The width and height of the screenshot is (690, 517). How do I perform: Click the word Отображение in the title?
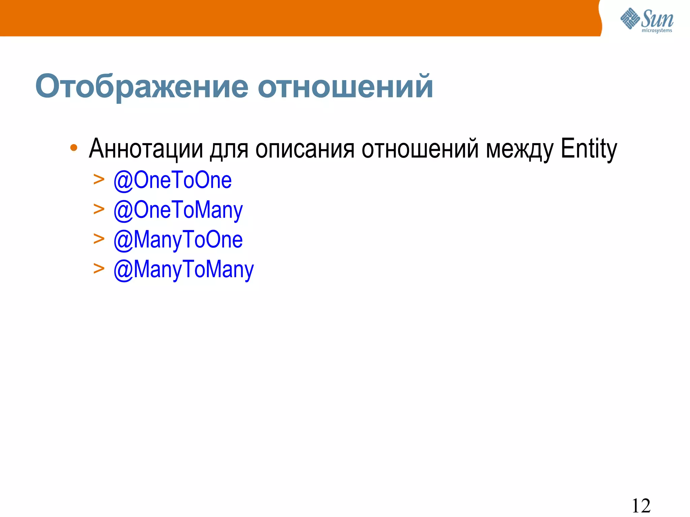pyautogui.click(x=142, y=87)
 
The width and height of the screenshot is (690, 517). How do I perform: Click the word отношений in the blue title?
pyautogui.click(x=345, y=87)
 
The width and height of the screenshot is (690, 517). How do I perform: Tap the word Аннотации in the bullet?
pyautogui.click(x=146, y=149)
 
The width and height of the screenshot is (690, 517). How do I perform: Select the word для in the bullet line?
pyautogui.click(x=229, y=149)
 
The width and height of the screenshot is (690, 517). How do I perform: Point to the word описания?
pyautogui.click(x=305, y=149)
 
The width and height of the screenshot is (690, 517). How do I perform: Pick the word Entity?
pyautogui.click(x=589, y=149)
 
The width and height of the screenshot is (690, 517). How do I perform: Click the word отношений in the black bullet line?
pyautogui.click(x=420, y=149)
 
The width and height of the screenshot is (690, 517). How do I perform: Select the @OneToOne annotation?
pyautogui.click(x=172, y=180)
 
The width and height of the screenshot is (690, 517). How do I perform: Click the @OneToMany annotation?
pyautogui.click(x=178, y=210)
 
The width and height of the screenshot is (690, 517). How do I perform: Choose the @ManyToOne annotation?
pyautogui.click(x=178, y=240)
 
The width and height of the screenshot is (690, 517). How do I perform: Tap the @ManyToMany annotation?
pyautogui.click(x=184, y=270)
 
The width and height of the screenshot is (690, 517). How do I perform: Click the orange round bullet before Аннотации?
pyautogui.click(x=74, y=148)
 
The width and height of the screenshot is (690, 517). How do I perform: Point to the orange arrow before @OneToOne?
pyautogui.click(x=99, y=180)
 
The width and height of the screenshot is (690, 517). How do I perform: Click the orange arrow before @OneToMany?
pyautogui.click(x=99, y=209)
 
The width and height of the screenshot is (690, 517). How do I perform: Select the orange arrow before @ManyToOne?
pyautogui.click(x=99, y=239)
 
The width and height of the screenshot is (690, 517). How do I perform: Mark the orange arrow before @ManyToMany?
pyautogui.click(x=99, y=269)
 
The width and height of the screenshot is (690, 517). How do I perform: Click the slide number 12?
pyautogui.click(x=641, y=506)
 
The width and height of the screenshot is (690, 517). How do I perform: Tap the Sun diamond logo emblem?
pyautogui.click(x=630, y=19)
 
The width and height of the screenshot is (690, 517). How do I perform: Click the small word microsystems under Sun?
pyautogui.click(x=657, y=31)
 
